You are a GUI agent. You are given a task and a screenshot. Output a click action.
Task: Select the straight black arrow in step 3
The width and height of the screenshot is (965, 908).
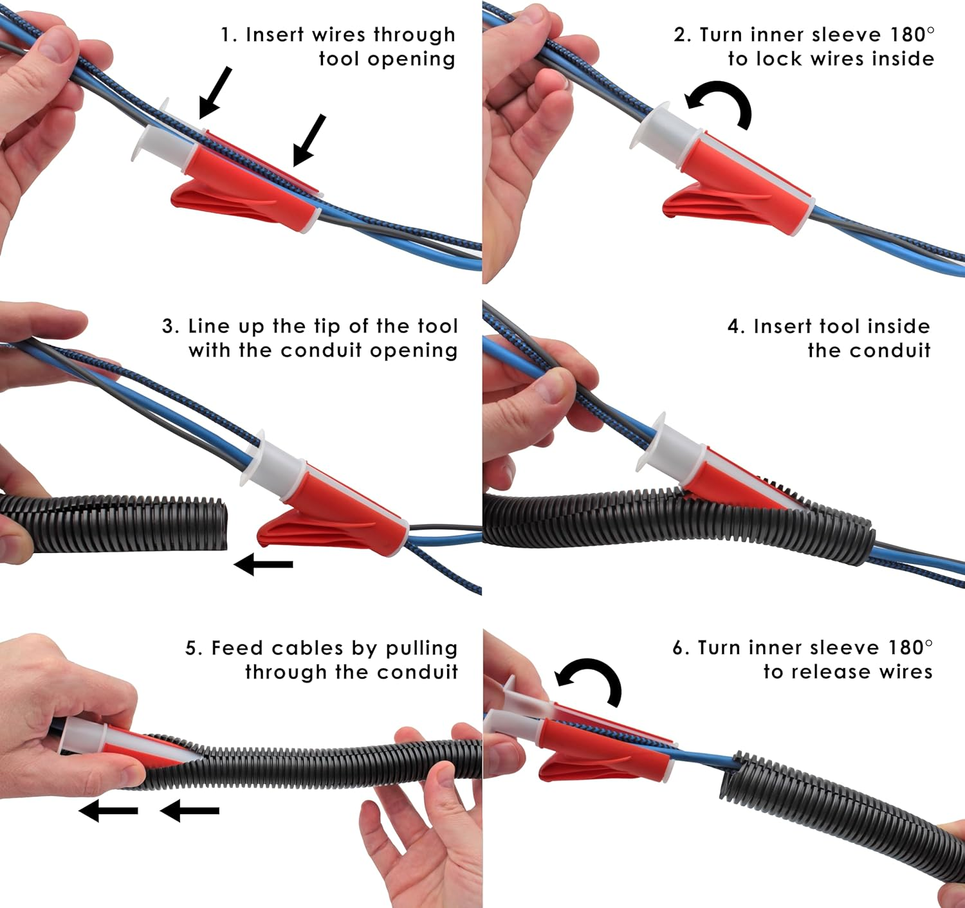point(264,565)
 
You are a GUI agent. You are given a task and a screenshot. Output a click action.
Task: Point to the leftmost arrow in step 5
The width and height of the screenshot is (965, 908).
point(108,811)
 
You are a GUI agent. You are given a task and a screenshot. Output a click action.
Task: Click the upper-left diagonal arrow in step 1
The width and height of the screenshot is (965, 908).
point(215,93)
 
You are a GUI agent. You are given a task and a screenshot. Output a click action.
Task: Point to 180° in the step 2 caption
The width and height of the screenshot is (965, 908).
point(912,33)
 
